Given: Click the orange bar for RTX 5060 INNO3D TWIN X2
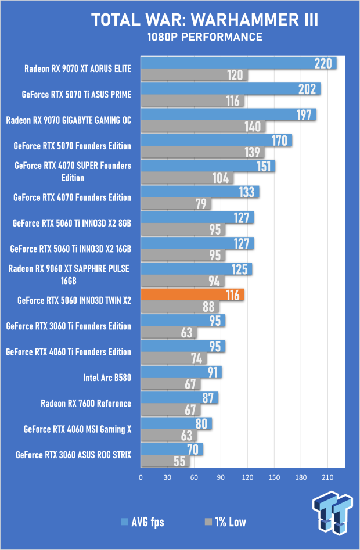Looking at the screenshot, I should pos(192,295).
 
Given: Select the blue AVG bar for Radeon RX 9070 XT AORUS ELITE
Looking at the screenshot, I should pos(238,63).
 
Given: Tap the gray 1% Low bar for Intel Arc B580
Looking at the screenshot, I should pos(170,384).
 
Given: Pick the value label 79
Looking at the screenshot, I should pos(201,204).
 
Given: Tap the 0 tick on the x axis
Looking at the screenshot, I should pos(141,477).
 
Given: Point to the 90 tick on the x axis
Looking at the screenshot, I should pos(221,477).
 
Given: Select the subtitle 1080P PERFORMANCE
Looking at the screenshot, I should pos(204,38).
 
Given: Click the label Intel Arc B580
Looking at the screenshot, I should pos(107,378).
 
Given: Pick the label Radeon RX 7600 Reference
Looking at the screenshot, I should pos(86,403).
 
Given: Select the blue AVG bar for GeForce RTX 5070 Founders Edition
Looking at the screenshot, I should pos(216,141).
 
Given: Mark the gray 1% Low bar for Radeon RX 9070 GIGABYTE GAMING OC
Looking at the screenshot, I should pos(203,127).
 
